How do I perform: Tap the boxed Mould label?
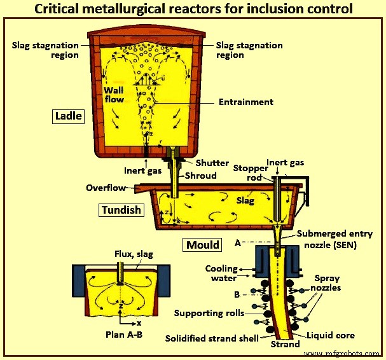(203, 244)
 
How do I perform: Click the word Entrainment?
(245, 102)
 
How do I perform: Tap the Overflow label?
(106, 188)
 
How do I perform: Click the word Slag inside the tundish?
(245, 201)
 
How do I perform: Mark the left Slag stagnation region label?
(45, 50)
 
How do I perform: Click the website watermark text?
(343, 352)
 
